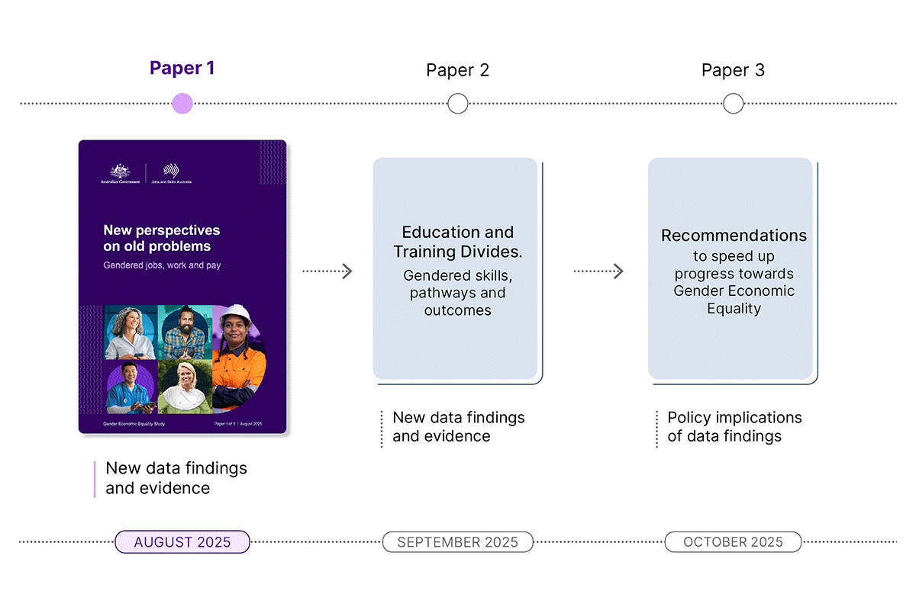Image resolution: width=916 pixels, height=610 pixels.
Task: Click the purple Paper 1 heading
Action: tap(182, 68)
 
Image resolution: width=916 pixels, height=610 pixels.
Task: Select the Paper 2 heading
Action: tap(457, 70)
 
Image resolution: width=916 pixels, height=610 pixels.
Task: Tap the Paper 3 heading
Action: tap(733, 70)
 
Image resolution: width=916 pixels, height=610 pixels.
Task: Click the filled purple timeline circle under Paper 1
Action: tap(182, 104)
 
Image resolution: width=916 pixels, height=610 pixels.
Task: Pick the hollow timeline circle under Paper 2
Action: tap(458, 104)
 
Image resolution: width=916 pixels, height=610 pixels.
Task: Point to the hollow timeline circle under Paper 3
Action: tap(733, 104)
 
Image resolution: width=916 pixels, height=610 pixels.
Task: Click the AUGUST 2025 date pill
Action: tap(182, 542)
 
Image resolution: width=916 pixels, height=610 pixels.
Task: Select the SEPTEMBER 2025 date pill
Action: tap(457, 542)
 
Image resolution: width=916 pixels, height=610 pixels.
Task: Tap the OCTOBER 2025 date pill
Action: tap(733, 542)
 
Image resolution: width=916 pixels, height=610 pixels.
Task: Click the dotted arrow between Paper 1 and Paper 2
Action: tap(327, 271)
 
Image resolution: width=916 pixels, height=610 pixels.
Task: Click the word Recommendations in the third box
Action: tap(734, 236)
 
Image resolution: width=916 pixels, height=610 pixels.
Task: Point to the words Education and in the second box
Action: tap(458, 233)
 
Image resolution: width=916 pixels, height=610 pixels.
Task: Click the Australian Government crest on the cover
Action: tap(120, 173)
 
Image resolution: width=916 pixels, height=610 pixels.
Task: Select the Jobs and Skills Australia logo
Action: tap(173, 174)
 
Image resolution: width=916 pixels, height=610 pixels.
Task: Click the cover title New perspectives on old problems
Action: tap(162, 238)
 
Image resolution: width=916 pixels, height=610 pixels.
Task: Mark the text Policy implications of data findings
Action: tap(734, 427)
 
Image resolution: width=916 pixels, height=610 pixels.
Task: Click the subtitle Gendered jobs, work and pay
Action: tap(162, 265)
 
